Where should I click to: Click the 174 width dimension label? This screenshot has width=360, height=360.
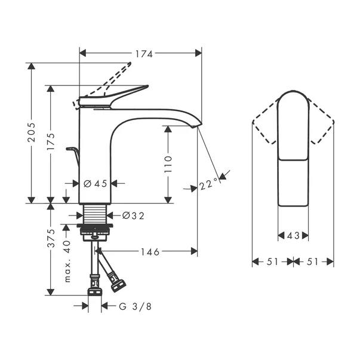tap(143, 54)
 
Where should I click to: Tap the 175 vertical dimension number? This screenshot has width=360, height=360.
tap(51, 143)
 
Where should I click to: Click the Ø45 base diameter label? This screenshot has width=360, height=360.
tap(96, 184)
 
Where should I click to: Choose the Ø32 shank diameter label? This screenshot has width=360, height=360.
tap(133, 215)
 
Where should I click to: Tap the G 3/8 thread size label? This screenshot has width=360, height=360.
tap(133, 306)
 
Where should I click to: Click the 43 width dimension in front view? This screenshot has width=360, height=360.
tap(293, 236)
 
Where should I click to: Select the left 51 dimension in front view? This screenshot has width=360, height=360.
tap(272, 261)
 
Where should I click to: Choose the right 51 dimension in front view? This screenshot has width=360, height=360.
tap(314, 261)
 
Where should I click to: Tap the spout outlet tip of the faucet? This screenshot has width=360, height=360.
tap(194, 125)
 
